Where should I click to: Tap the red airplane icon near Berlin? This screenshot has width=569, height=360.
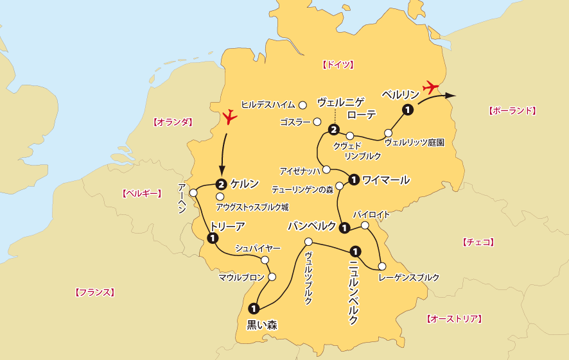(x=430, y=86)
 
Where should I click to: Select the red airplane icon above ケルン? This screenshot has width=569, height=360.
(x=229, y=117)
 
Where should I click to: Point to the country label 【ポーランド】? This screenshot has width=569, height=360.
(x=512, y=110)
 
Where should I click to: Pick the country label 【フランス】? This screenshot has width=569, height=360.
(x=95, y=292)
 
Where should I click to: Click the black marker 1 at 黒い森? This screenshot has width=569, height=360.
(x=254, y=308)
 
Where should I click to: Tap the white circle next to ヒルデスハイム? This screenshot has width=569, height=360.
(x=302, y=105)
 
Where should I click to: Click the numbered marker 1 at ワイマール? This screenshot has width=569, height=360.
(x=354, y=180)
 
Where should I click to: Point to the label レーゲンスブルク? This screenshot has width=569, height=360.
(x=409, y=277)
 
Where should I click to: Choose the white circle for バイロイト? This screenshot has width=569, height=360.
(x=365, y=225)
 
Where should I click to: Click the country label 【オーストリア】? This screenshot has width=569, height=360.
(x=454, y=318)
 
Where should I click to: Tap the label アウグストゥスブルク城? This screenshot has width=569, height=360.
(x=252, y=207)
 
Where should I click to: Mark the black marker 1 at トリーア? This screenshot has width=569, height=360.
(x=211, y=238)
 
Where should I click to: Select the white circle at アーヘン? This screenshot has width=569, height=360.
(x=193, y=192)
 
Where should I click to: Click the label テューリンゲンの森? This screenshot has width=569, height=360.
(x=302, y=191)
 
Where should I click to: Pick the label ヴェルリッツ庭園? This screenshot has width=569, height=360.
(x=414, y=142)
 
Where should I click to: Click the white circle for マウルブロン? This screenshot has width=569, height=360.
(x=272, y=277)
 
